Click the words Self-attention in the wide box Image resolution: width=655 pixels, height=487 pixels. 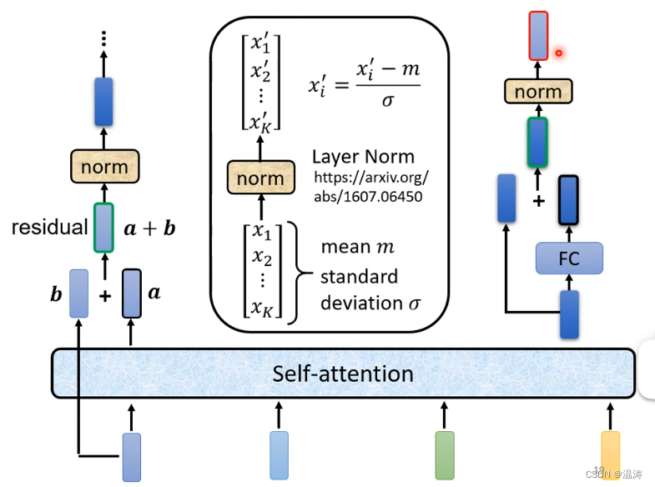[342, 373]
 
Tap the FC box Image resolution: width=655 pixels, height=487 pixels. [568, 259]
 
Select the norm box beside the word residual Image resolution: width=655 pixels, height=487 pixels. [104, 167]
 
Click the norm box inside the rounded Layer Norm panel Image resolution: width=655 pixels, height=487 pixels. [260, 178]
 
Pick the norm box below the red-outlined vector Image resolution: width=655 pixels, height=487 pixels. [537, 92]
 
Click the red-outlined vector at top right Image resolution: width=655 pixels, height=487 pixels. [538, 35]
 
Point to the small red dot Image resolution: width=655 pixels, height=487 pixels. [558, 53]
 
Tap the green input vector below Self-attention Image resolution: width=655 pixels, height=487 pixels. [445, 454]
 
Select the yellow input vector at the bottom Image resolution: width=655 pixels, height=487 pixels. [611, 454]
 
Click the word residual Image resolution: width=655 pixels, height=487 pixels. [49, 227]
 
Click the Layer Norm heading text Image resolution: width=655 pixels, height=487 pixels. [363, 157]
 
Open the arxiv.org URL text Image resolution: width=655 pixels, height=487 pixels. [370, 187]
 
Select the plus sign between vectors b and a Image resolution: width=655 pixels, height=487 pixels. [105, 294]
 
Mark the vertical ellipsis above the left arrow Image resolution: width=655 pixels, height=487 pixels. [103, 38]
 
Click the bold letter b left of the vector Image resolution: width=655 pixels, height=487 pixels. [56, 294]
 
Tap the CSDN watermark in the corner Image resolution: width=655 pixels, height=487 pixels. [617, 474]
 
